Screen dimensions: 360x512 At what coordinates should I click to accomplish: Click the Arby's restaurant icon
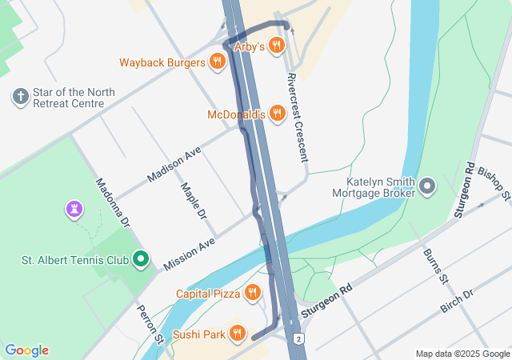pyautogui.click(x=276, y=46)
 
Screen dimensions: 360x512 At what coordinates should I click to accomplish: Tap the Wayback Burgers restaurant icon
pyautogui.click(x=217, y=62)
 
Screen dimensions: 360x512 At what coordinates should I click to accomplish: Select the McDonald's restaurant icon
pyautogui.click(x=277, y=114)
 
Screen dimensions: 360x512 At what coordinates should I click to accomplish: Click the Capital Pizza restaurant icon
pyautogui.click(x=253, y=293)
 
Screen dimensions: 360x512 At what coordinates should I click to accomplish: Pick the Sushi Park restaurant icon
pyautogui.click(x=237, y=333)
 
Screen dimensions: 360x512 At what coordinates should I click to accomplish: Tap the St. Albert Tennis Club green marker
pyautogui.click(x=141, y=259)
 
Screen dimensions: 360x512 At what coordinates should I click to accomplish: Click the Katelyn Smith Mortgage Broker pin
pyautogui.click(x=427, y=187)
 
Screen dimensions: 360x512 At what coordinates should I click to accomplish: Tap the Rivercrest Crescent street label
pyautogui.click(x=296, y=118)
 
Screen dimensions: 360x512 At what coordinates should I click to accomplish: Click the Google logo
pyautogui.click(x=26, y=350)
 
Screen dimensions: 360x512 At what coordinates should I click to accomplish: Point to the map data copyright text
pyautogui.click(x=462, y=354)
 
